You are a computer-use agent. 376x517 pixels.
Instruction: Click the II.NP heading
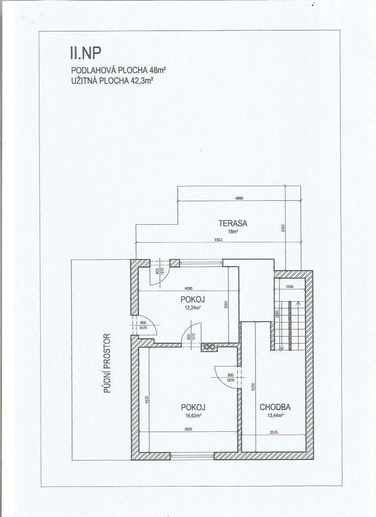[x=85, y=53]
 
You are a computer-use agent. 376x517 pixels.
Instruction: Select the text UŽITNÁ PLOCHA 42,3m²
[x=113, y=80]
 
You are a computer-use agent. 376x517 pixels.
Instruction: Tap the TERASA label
[x=233, y=223]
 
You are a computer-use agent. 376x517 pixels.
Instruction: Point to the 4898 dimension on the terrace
[x=239, y=199]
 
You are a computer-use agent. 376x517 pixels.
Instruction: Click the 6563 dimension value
[x=219, y=240]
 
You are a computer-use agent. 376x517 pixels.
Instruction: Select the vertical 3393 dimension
[x=283, y=229]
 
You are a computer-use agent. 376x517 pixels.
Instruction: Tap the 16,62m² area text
[x=193, y=415]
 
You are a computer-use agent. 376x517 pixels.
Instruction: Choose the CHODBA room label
[x=275, y=407]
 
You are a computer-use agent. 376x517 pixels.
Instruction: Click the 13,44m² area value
[x=276, y=416]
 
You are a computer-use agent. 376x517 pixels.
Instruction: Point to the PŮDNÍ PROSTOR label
[x=107, y=364]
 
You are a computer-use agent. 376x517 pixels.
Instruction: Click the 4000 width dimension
[x=188, y=288]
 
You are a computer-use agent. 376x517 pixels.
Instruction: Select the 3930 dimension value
[x=188, y=429]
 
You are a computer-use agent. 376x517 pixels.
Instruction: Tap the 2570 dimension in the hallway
[x=273, y=432]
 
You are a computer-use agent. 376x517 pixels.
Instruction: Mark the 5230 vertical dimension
[x=253, y=387]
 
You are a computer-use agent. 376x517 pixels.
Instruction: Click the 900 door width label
[x=230, y=375]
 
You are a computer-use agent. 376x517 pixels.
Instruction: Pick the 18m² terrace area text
[x=233, y=231]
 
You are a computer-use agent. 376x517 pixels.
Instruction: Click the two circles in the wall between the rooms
[x=208, y=347]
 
